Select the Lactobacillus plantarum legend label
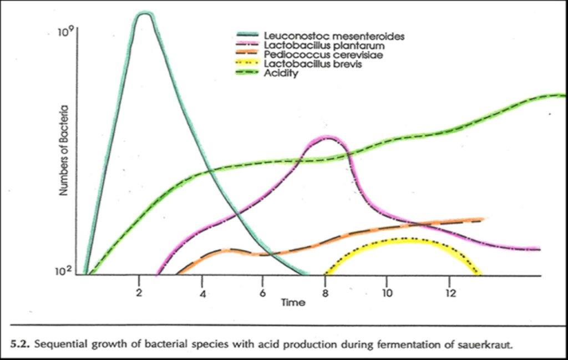coord(324,45)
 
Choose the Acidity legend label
coord(281,74)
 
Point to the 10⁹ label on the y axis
coord(65,33)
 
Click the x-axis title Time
coord(292,303)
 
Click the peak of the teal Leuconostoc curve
coord(145,13)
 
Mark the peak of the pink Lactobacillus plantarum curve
coord(327,137)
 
